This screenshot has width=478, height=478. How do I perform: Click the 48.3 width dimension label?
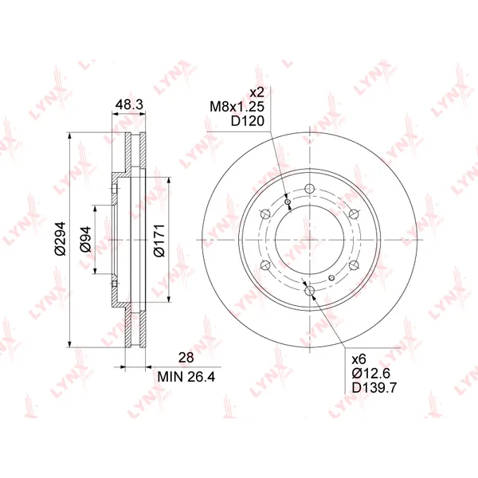point(129,104)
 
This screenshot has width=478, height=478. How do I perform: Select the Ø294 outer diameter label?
point(61,238)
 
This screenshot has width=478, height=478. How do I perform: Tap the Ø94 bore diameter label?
point(86,239)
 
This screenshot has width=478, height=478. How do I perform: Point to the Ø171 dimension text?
point(159,241)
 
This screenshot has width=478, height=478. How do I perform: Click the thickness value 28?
point(186,358)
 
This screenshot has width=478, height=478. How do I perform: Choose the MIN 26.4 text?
point(186,377)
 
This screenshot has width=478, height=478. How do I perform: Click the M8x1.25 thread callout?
point(237,107)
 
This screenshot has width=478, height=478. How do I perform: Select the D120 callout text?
point(247,121)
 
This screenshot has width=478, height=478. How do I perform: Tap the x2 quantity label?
point(257,92)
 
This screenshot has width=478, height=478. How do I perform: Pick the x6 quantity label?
point(358,359)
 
